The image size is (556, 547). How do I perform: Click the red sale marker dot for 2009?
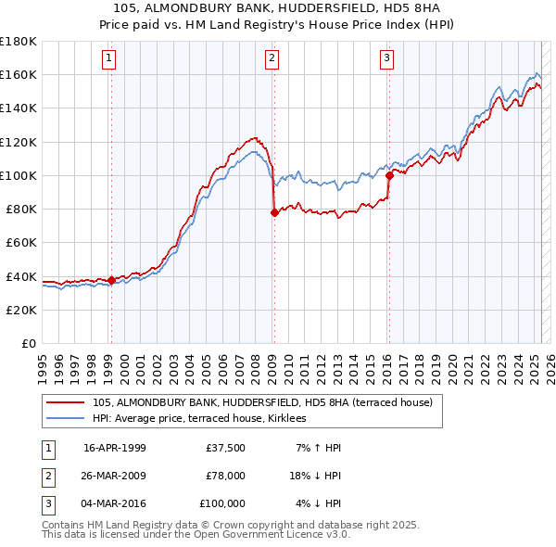(x=274, y=212)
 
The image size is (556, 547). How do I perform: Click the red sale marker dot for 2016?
(x=388, y=175)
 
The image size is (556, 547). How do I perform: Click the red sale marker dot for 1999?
(x=111, y=280)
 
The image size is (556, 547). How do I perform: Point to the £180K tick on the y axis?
(x=19, y=42)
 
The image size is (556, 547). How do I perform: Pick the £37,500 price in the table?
(x=225, y=448)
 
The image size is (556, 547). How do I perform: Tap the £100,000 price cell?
(x=222, y=503)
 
